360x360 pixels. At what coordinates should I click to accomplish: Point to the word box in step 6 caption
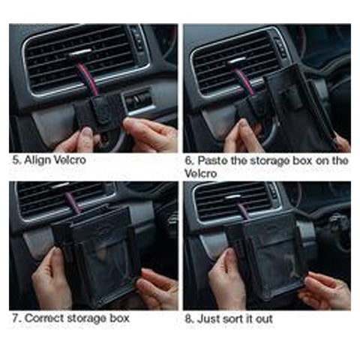pos(302,160)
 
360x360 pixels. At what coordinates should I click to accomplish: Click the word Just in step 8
pos(205,319)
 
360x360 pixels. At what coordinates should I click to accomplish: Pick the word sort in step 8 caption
pos(226,319)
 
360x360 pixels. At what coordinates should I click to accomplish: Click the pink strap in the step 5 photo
pos(85,75)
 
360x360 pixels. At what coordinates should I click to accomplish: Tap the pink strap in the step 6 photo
pos(244,81)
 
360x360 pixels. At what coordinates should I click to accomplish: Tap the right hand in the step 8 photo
pos(325,291)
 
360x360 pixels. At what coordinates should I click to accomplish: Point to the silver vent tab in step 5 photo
pos(80,53)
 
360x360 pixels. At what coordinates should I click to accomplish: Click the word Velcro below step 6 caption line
pos(200,173)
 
